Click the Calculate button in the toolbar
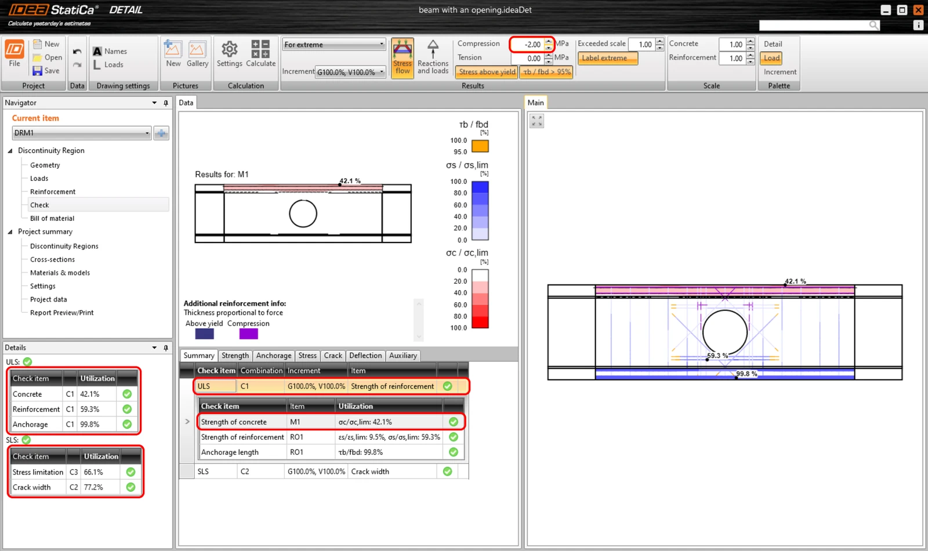coord(260,53)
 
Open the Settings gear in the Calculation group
coord(229,53)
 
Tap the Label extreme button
coord(607,58)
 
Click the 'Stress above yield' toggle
coord(487,72)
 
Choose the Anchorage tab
coord(273,356)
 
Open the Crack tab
coord(333,356)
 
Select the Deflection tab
coord(365,356)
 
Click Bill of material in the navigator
coord(52,218)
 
